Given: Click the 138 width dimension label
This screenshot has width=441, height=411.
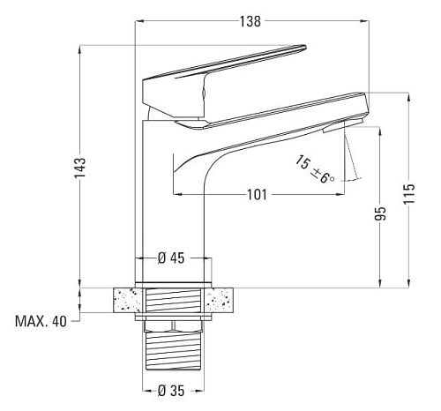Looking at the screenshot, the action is coord(250,21).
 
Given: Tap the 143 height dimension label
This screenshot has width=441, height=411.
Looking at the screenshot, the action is coord(79,168).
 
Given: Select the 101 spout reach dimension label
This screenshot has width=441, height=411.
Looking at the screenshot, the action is coord(257,195).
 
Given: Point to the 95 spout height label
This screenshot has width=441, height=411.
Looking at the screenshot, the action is coord(380,213).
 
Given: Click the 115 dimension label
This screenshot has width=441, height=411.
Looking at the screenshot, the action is coord(409,194).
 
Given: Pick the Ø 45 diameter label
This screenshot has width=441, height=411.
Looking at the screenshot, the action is coord(171,258).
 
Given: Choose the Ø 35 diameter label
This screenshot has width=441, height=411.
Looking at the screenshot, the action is coord(171,391).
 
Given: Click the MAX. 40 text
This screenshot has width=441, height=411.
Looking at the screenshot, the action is coord(41,321).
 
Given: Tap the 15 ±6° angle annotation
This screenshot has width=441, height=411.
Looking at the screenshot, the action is coord(315,169).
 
